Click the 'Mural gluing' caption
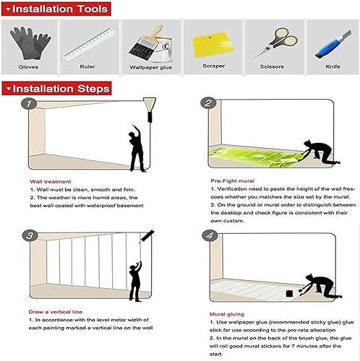pos(227,314)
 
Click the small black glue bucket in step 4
pos(288,293)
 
